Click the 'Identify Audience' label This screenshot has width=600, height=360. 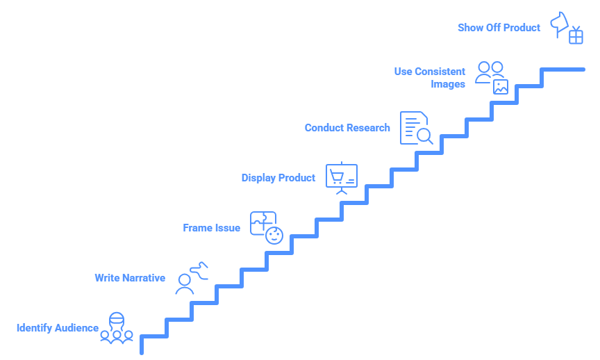point(58,328)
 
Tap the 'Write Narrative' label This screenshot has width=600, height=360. point(130,278)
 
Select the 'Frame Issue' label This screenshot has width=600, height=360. point(212,228)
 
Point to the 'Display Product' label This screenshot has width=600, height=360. point(278,178)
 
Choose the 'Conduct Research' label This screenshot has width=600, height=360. point(347,128)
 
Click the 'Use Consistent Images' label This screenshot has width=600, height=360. point(430,78)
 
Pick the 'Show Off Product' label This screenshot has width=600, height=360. point(499,28)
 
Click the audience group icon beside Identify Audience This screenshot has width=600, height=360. point(116,328)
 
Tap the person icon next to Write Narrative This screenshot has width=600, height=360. point(185,284)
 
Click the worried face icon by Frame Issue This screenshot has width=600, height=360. point(274,235)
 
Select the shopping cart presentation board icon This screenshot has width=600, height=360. point(342,177)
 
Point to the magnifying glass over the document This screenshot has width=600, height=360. point(424,136)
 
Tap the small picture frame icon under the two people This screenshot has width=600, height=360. point(501,87)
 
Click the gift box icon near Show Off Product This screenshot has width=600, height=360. point(576,36)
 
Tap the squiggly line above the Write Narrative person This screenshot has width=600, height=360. point(199,270)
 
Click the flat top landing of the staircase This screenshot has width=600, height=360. point(564,69)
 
